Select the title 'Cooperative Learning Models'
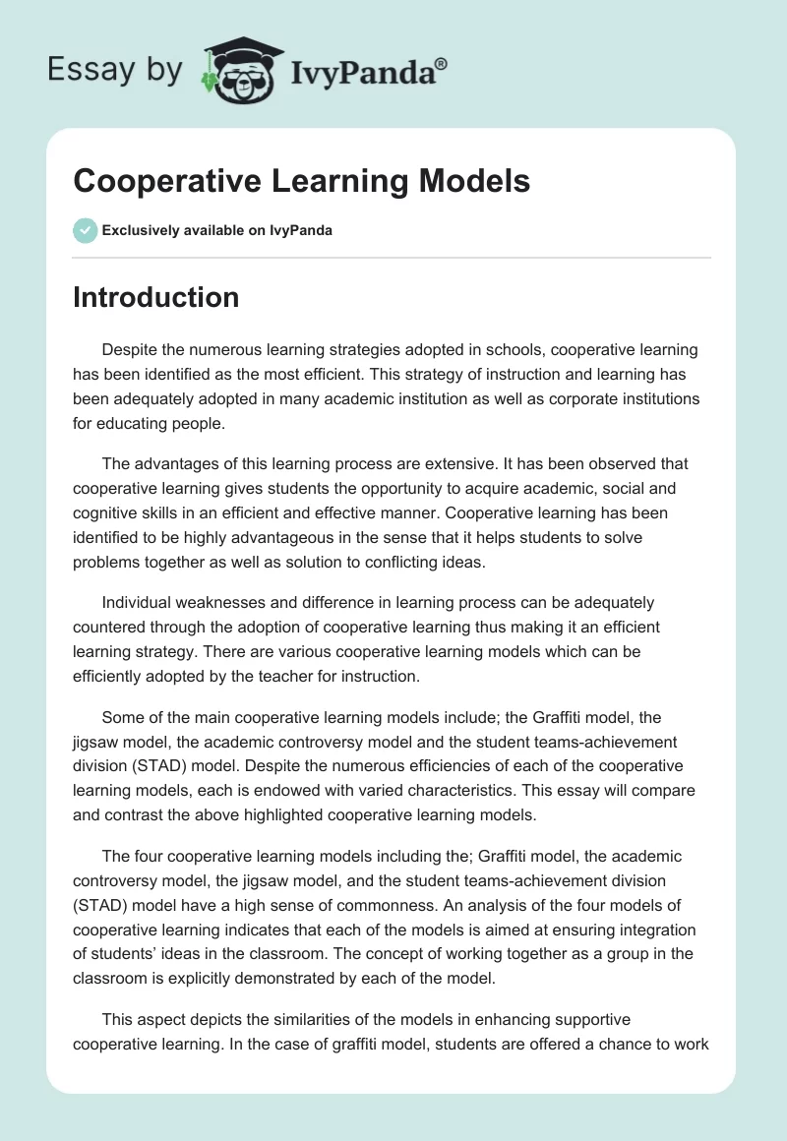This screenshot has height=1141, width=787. [301, 182]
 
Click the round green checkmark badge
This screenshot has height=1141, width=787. [85, 230]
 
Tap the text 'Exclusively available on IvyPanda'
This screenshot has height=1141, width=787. [216, 231]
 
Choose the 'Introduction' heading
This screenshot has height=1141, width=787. [155, 297]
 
